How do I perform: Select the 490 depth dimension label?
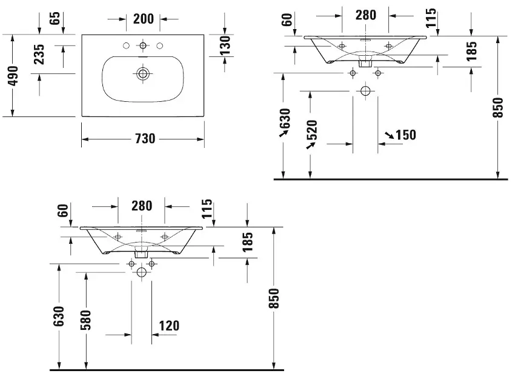pyautogui.click(x=12, y=75)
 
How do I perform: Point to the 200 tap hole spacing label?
pyautogui.click(x=143, y=19)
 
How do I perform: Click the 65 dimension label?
pyautogui.click(x=55, y=18)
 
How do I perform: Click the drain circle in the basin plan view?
pyautogui.click(x=143, y=74)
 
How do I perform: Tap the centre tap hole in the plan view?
pyautogui.click(x=143, y=45)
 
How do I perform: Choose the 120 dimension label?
pyautogui.click(x=168, y=326)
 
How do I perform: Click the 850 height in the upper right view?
pyautogui.click(x=498, y=108)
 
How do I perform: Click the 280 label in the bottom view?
pyautogui.click(x=141, y=206)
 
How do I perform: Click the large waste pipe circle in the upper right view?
pyautogui.click(x=365, y=92)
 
